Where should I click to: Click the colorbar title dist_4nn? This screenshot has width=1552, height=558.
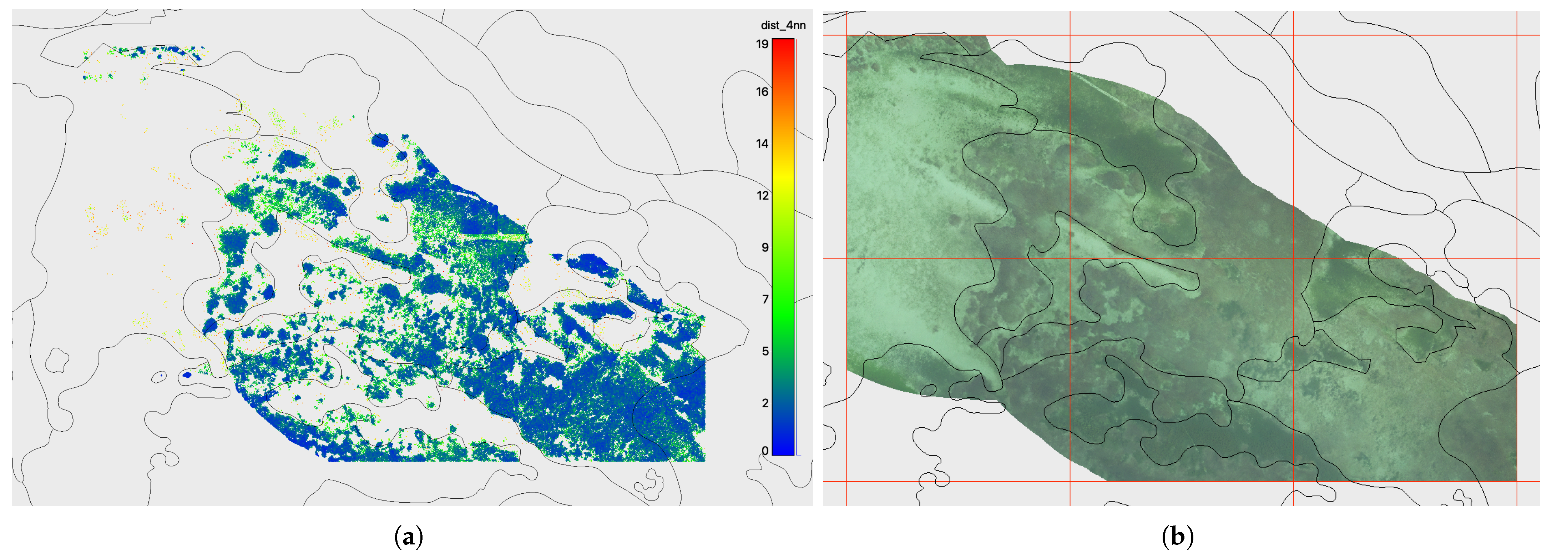coord(783,25)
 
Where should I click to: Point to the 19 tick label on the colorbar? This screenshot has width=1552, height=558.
coord(762,44)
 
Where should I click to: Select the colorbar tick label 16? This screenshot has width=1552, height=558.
coord(762,92)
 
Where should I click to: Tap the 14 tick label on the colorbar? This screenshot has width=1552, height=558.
coord(762,144)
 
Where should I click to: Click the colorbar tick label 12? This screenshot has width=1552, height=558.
coord(762,195)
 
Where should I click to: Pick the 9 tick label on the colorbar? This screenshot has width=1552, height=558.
coord(764,247)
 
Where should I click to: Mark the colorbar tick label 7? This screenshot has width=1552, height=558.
coord(764,299)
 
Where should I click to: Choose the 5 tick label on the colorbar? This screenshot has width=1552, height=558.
coord(764,351)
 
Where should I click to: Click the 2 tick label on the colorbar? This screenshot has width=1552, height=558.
coord(764,403)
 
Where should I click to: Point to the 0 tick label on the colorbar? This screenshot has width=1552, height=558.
coord(764,450)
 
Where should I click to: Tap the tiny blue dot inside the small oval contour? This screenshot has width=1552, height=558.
coord(161,376)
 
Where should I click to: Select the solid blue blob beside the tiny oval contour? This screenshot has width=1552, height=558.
coord(187,375)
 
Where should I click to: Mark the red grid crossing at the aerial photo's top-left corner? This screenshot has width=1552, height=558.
coord(846,35)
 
